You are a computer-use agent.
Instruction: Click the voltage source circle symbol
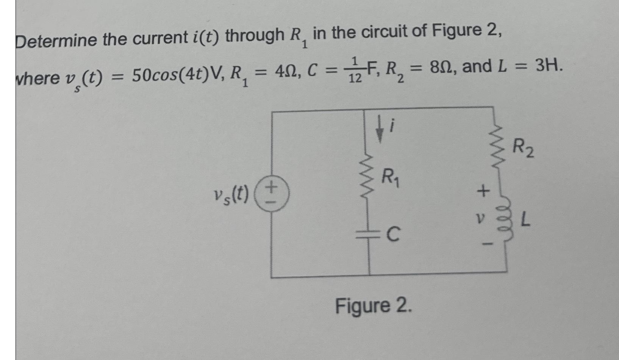click(272, 195)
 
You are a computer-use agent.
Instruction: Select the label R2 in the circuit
click(524, 149)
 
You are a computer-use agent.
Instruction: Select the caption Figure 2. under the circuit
click(373, 306)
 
